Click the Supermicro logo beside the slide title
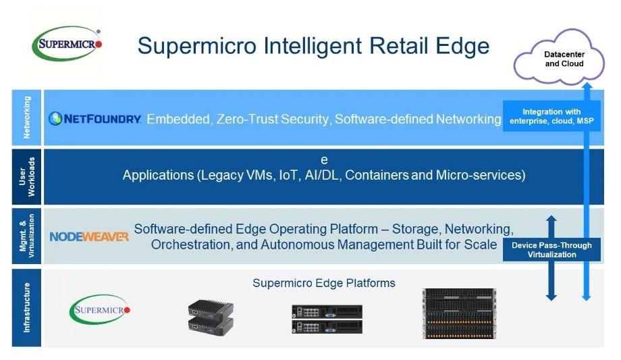coord(67,44)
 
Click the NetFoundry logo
coord(95,119)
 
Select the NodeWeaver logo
coord(89,236)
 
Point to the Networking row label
coord(27,117)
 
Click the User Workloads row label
coord(27,176)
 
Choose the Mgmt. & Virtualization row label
coord(27,236)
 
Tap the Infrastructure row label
coord(27,308)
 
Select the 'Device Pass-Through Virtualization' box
coord(551,250)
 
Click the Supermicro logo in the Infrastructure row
coord(100,309)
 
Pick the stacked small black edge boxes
coord(211,316)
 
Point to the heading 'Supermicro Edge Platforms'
coord(324,283)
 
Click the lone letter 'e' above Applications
coord(324,160)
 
